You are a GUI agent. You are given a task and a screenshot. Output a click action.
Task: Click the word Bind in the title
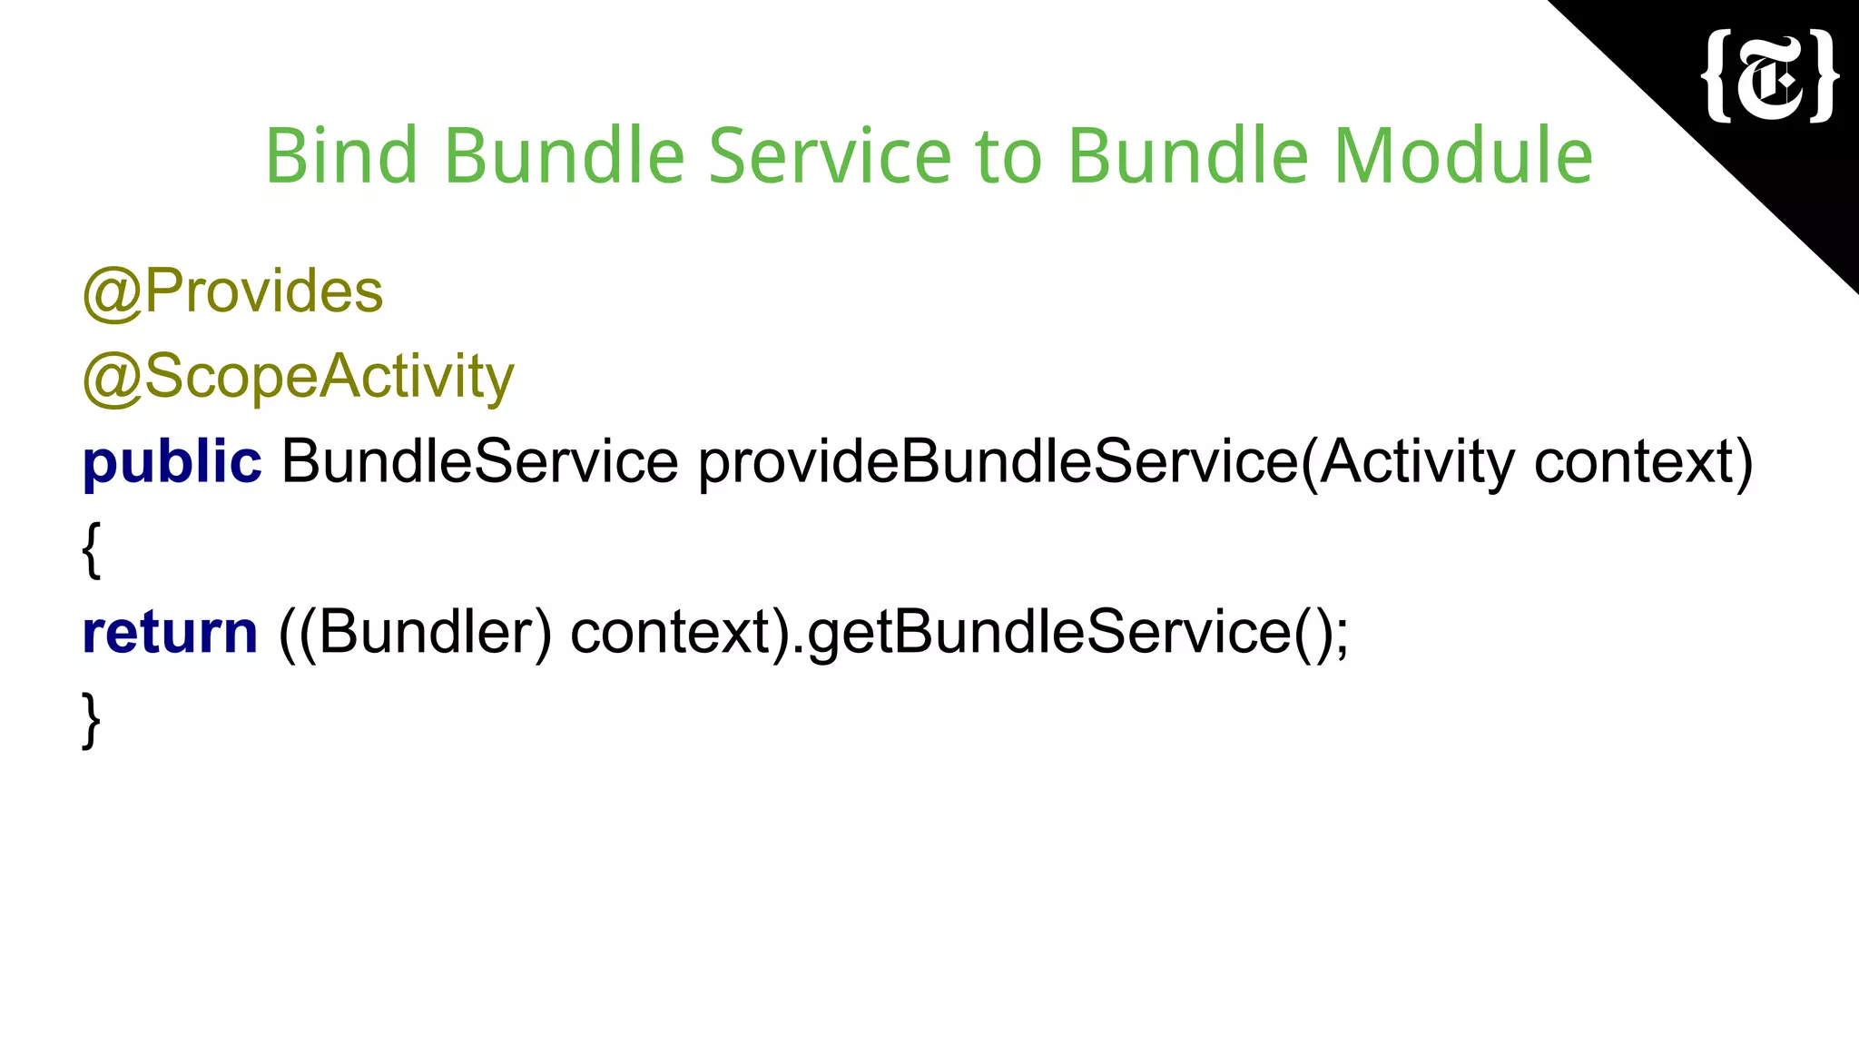tap(340, 156)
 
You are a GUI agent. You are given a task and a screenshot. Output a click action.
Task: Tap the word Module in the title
tap(1462, 156)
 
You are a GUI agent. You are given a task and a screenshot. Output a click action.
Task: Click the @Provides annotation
tap(233, 292)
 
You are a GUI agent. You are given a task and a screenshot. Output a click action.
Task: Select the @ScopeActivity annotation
tap(298, 377)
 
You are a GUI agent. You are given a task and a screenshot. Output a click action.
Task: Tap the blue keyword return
tap(170, 633)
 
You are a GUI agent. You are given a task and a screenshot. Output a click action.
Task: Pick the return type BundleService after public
tap(479, 461)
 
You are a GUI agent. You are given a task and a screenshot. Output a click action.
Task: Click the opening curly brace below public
tap(91, 549)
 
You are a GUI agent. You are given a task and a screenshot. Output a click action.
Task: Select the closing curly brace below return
tap(91, 719)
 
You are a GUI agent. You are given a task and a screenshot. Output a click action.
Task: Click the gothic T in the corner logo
tap(1770, 78)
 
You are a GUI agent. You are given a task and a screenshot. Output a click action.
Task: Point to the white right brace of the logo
tap(1823, 76)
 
